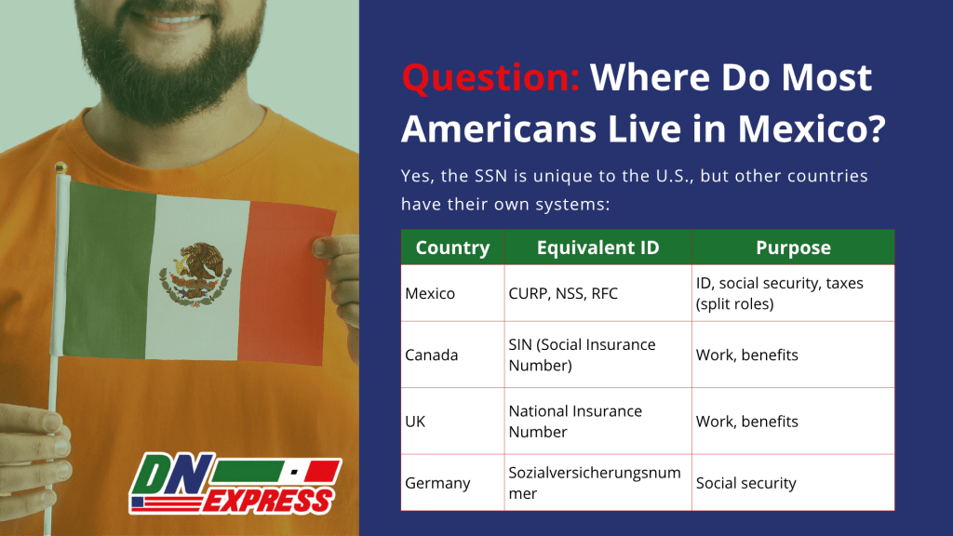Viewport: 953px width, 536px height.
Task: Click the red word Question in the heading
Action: click(x=490, y=78)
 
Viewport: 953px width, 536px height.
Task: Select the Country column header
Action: click(x=453, y=248)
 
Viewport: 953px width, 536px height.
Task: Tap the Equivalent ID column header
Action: click(x=598, y=248)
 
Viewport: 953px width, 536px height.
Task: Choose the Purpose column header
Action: click(x=793, y=248)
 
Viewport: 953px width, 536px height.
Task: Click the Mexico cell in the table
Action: click(x=430, y=293)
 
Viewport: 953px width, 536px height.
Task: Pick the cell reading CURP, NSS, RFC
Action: click(x=563, y=293)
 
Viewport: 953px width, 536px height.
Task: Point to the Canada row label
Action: click(x=431, y=355)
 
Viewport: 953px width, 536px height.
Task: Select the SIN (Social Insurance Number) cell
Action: click(x=583, y=355)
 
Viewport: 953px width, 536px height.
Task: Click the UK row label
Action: click(x=415, y=422)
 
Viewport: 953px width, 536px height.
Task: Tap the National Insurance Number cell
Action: click(x=575, y=422)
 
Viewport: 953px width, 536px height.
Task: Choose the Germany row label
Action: click(x=437, y=483)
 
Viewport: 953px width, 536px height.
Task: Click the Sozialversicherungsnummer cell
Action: click(x=595, y=483)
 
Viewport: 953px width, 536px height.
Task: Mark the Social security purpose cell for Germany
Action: click(x=745, y=483)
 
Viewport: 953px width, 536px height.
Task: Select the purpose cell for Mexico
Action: click(x=779, y=293)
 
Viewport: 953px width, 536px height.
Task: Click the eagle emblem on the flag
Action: click(x=195, y=275)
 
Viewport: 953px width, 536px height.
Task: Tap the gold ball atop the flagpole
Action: click(x=60, y=167)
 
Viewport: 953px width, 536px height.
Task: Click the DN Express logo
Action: click(x=235, y=483)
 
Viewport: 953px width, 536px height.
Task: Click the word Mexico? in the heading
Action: click(x=812, y=128)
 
